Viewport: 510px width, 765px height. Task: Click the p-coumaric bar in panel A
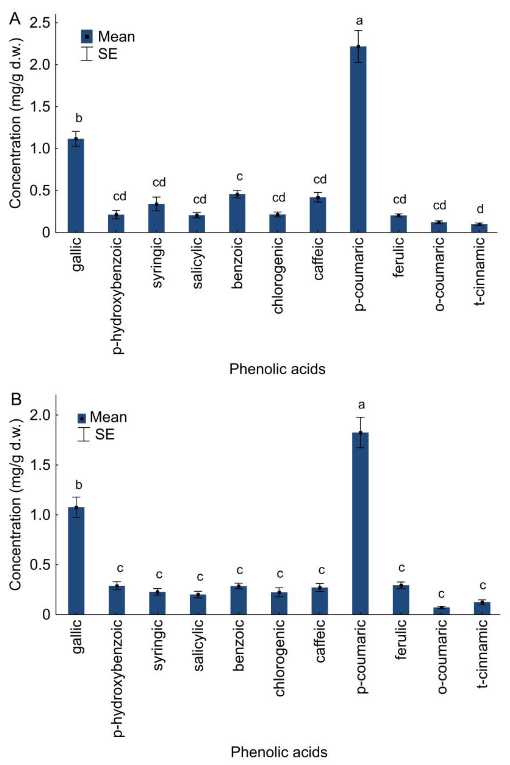point(358,140)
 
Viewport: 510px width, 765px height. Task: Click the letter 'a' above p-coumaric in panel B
point(361,405)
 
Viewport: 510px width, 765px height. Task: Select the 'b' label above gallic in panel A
point(78,118)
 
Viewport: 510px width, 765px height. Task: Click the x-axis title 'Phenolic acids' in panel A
point(277,370)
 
